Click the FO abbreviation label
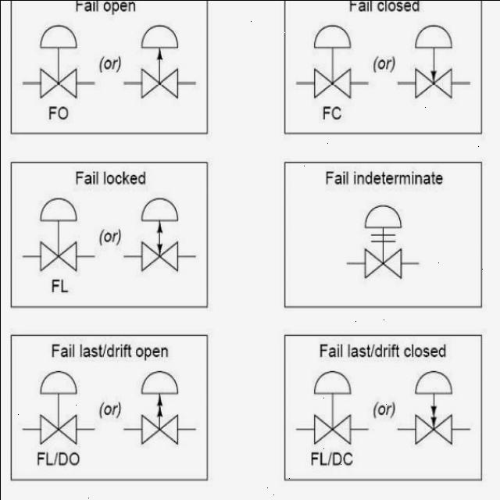tap(59, 113)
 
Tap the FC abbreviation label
tap(332, 113)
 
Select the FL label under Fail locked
tap(59, 286)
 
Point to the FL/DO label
tap(59, 459)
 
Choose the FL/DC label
tap(332, 459)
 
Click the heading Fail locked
tap(111, 178)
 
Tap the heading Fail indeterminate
tap(384, 178)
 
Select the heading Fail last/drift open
tap(110, 351)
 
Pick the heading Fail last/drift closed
tap(383, 351)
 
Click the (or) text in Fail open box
tap(110, 64)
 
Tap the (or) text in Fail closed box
tap(384, 64)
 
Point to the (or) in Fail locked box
tap(110, 237)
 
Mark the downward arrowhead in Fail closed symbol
tap(434, 76)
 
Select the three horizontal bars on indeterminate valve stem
tap(384, 237)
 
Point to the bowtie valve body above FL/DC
tap(332, 429)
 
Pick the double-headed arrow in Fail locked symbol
tap(159, 238)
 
